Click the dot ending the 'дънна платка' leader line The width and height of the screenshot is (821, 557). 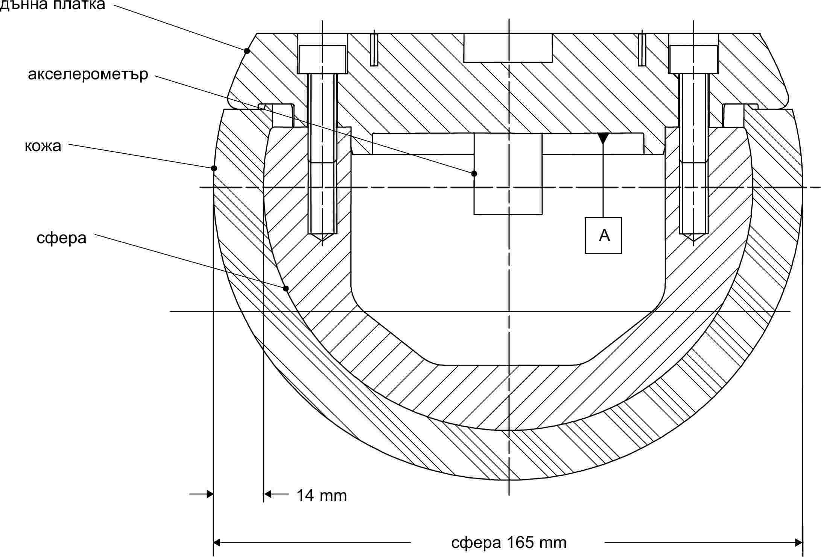coord(247,51)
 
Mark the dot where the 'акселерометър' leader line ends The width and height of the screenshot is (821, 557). coord(474,174)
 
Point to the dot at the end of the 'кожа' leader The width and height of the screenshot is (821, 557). coord(214,168)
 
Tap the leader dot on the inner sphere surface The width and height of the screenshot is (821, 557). coord(286,289)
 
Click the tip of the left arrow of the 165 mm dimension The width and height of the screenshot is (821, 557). coord(214,542)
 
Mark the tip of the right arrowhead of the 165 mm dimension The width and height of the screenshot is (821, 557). coord(802,542)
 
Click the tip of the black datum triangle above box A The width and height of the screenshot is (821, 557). coord(603,144)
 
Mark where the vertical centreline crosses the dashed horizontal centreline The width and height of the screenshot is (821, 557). coord(509,187)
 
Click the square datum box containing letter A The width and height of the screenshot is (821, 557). coord(603,235)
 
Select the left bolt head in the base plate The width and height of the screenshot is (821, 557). coord(322,59)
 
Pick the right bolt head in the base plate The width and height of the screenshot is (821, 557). coord(693,59)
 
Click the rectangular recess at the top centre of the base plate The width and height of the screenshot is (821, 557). coord(508,48)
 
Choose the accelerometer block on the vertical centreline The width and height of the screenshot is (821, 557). coord(508,174)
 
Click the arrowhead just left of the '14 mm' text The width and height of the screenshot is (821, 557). coord(268,493)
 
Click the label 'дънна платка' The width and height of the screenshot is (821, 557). coord(53,5)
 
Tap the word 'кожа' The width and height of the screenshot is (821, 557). coord(43,146)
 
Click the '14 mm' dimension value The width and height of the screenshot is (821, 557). coord(322,495)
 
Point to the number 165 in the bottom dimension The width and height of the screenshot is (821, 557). coord(520,542)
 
